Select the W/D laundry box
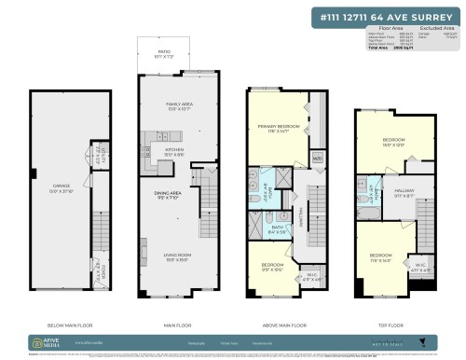[x=317, y=159]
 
